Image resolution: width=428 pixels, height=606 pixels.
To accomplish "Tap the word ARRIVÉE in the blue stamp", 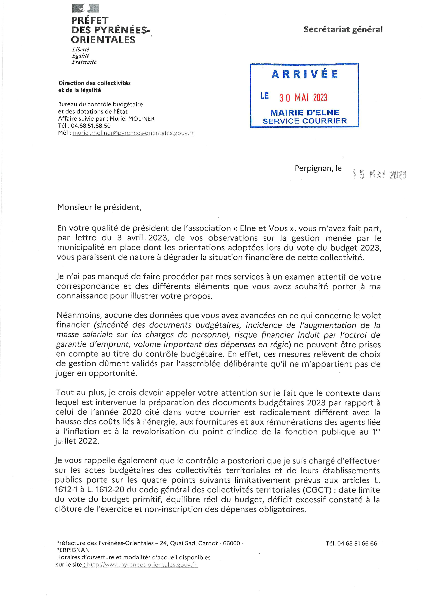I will point(305,74).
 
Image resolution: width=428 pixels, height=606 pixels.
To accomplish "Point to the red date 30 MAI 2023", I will point(303,98).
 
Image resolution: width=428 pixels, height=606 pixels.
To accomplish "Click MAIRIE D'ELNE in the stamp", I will point(305,113).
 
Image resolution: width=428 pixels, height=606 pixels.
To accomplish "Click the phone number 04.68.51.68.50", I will point(91,126).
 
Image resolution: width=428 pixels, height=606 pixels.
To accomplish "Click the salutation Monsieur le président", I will point(99,207).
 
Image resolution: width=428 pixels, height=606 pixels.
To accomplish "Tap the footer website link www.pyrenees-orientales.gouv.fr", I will point(142,565).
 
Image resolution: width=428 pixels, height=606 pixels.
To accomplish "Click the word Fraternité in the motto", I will point(84,62).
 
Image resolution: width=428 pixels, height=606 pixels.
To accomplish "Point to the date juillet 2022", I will point(77,441).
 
